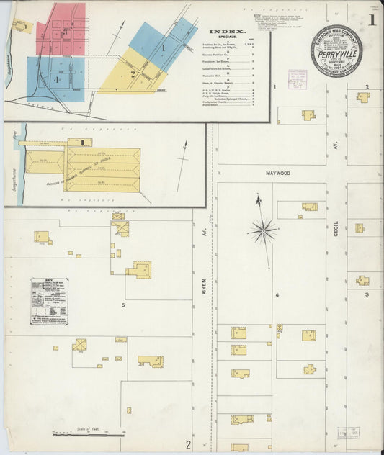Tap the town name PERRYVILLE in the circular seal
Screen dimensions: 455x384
pyautogui.click(x=336, y=52)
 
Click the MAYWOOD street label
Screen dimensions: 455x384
pyautogui.click(x=277, y=174)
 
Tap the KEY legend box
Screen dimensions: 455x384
pyautogui.click(x=49, y=302)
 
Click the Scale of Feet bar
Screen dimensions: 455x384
pyautogui.click(x=79, y=433)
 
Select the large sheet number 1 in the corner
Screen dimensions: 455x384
pyautogui.click(x=372, y=20)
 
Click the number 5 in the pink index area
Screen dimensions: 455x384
pyautogui.click(x=65, y=32)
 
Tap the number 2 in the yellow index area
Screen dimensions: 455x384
pyautogui.click(x=133, y=73)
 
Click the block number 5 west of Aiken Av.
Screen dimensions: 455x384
pyautogui.click(x=123, y=305)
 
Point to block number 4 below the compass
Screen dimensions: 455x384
pyautogui.click(x=276, y=294)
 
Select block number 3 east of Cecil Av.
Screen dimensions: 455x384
pyautogui.click(x=366, y=294)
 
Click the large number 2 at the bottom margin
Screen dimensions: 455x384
pyautogui.click(x=188, y=444)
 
